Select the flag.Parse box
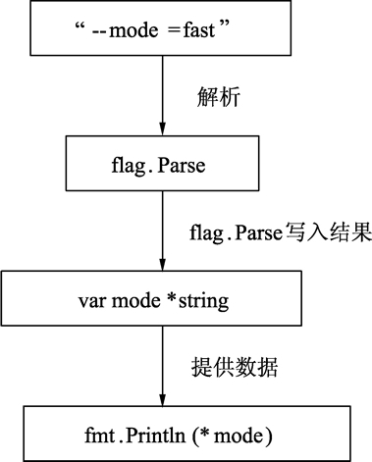[x=159, y=163]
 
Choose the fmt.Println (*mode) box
[x=159, y=433]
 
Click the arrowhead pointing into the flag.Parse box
[x=159, y=128]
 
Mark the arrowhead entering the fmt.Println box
[x=159, y=398]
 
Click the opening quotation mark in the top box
[x=79, y=26]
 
